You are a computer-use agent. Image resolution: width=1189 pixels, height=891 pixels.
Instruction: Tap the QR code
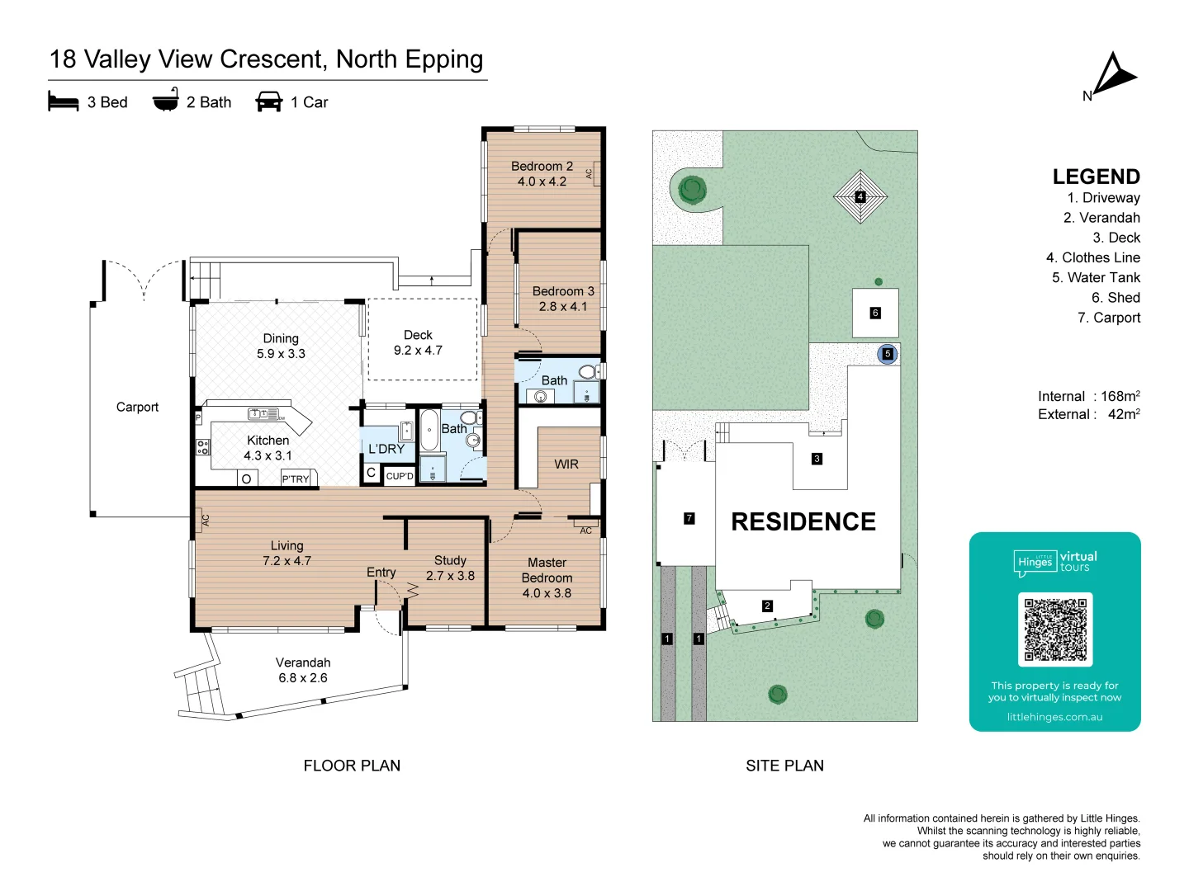1054,629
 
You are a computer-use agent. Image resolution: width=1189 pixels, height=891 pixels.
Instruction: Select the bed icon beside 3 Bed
63,101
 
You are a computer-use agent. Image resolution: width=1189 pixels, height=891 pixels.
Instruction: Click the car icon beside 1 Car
268,101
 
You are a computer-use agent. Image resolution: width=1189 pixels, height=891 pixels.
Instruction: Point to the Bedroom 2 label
542,166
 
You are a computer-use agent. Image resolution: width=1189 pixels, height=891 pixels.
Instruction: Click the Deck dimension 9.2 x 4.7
418,350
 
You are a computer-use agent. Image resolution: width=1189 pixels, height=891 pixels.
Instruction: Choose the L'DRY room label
386,449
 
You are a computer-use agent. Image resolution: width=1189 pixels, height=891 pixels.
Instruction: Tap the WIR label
566,464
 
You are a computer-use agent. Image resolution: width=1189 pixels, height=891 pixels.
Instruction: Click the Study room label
450,560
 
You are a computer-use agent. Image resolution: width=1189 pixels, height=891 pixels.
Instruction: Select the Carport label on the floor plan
137,407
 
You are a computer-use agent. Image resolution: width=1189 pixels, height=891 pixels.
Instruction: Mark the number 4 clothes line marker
860,196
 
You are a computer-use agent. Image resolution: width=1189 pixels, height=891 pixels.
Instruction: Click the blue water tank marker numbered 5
888,354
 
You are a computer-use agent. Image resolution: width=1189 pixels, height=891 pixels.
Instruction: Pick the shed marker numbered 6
874,313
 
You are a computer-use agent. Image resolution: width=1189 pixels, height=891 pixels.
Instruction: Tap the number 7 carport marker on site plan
689,518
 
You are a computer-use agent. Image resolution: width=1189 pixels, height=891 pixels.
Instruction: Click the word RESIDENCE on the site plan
803,521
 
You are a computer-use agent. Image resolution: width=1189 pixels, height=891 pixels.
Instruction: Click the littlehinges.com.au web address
1054,717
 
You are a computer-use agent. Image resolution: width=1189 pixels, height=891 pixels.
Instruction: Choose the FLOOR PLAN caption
352,766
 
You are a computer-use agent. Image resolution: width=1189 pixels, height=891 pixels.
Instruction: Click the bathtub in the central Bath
429,431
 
